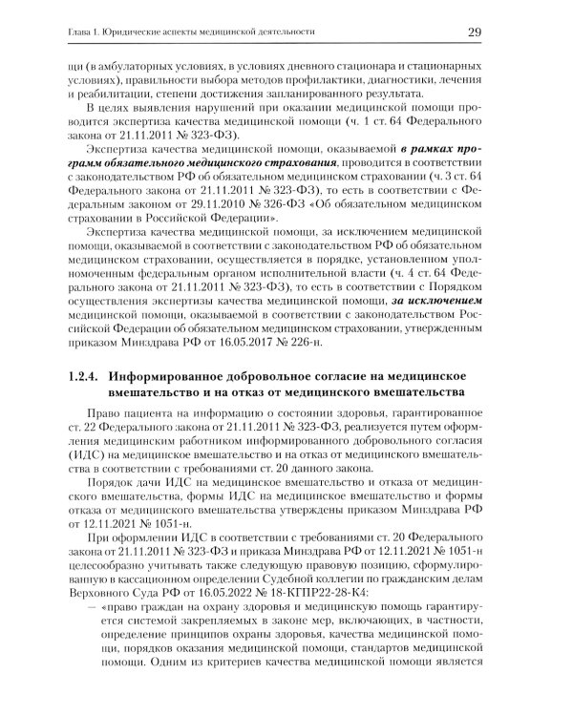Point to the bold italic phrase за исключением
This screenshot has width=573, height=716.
pyautogui.click(x=433, y=305)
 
